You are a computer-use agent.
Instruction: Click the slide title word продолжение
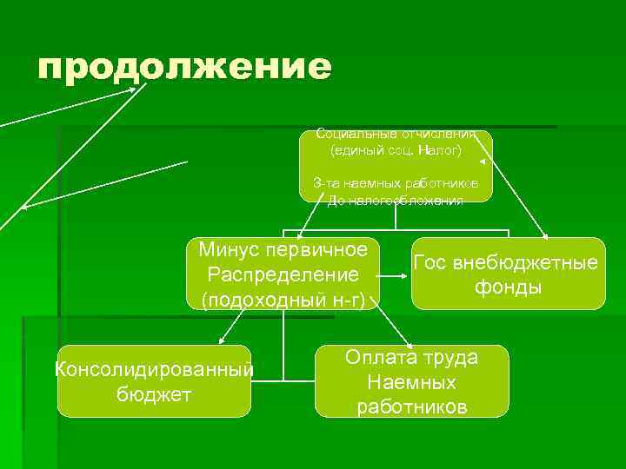tap(184, 67)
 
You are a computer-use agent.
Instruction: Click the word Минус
tap(229, 250)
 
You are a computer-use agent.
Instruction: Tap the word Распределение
tap(283, 274)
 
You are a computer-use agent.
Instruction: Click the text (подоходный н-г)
tap(283, 300)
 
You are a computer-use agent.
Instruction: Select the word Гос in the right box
tap(431, 262)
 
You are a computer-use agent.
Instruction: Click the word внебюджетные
tap(525, 262)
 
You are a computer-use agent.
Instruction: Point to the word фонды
tap(508, 287)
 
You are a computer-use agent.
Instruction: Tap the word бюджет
tap(154, 393)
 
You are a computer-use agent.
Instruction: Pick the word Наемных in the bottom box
tap(411, 381)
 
